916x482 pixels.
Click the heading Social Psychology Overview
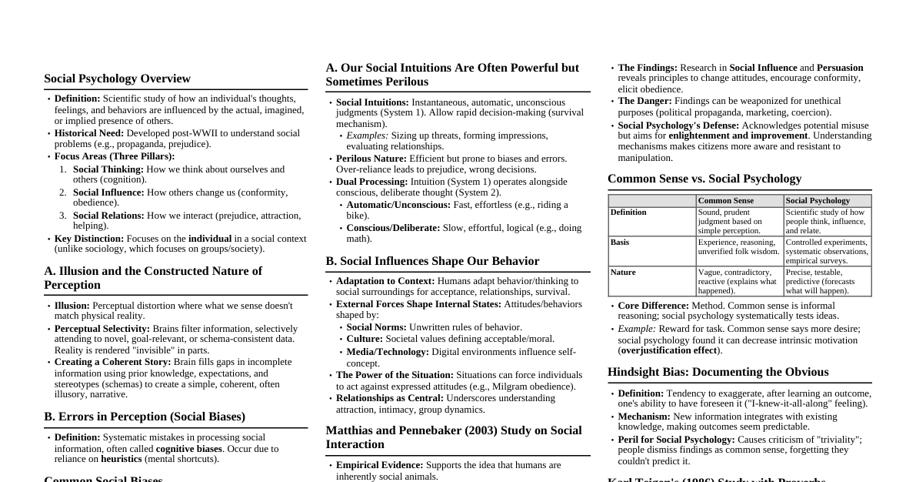pyautogui.click(x=117, y=79)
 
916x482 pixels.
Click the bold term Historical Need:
pyautogui.click(x=89, y=133)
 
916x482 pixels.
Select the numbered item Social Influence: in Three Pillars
pyautogui.click(x=108, y=192)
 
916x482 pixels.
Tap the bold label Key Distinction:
pyautogui.click(x=88, y=239)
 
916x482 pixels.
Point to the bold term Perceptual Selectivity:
pyautogui.click(x=102, y=329)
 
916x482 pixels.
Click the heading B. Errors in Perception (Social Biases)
pyautogui.click(x=145, y=417)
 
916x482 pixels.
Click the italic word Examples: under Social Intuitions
pyautogui.click(x=367, y=136)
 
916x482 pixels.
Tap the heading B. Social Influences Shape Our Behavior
pyautogui.click(x=432, y=261)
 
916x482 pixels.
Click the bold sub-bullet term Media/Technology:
pyautogui.click(x=388, y=352)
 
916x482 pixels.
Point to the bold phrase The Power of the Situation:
pyautogui.click(x=395, y=375)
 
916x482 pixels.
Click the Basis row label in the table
pyautogui.click(x=620, y=243)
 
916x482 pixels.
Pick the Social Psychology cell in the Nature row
pyautogui.click(x=827, y=281)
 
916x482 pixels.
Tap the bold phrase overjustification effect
pyautogui.click(x=668, y=350)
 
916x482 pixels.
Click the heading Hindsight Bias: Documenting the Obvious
pyautogui.click(x=718, y=372)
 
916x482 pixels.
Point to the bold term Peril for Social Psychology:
pyautogui.click(x=676, y=440)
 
